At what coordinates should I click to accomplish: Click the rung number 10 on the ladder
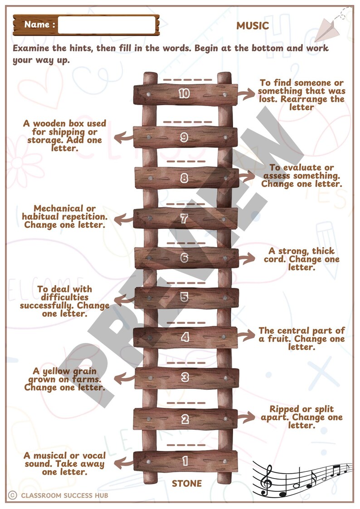[184, 94]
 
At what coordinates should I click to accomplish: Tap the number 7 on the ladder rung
[184, 219]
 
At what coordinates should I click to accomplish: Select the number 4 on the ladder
[185, 337]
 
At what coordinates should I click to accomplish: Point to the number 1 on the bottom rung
[185, 461]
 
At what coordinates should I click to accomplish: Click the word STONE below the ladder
[187, 484]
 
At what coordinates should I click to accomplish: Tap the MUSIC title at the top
[253, 26]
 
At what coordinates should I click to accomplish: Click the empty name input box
[107, 25]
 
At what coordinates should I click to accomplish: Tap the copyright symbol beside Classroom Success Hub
[13, 495]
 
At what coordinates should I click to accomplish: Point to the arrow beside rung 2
[248, 416]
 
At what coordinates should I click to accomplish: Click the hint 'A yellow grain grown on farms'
[64, 379]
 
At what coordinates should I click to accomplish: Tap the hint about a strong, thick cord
[302, 259]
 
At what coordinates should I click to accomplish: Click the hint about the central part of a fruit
[302, 339]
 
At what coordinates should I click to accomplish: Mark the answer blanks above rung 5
[186, 283]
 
